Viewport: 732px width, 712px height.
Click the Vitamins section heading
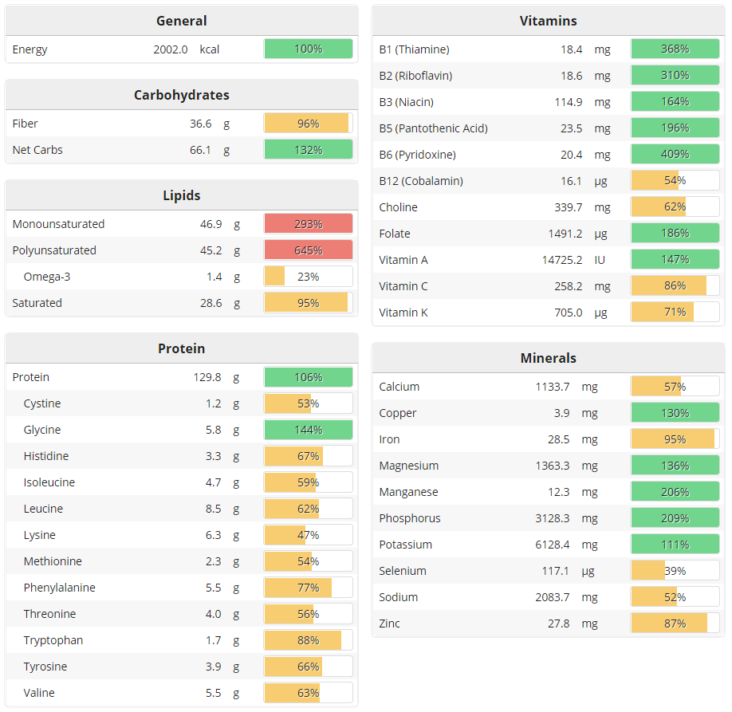coord(548,21)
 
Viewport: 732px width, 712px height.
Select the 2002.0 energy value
coord(171,49)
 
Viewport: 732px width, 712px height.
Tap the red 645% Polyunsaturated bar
coord(308,250)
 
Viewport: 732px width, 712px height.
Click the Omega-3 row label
coord(47,277)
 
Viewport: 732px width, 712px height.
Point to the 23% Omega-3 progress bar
coord(308,277)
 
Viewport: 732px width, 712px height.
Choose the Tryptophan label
coord(53,640)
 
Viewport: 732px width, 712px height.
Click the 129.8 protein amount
coord(207,377)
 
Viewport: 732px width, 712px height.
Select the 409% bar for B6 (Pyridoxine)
coord(675,155)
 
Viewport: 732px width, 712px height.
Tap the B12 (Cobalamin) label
coord(421,181)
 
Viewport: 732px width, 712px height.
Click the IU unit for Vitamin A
coord(601,260)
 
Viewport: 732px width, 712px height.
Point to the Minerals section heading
coord(548,358)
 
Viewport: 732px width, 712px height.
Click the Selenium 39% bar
coord(675,571)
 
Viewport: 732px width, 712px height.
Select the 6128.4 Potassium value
coord(553,545)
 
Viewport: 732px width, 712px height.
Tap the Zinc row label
coord(390,623)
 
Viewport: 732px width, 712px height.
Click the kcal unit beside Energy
coord(210,49)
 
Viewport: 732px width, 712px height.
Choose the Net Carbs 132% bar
coord(308,150)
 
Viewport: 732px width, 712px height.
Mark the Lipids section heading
coord(181,195)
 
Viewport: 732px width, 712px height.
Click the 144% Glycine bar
coord(308,430)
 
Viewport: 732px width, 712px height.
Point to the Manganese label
coord(408,492)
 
